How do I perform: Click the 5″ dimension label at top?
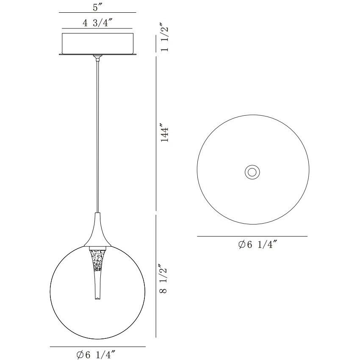click(x=97, y=7)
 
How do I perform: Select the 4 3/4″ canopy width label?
click(x=97, y=24)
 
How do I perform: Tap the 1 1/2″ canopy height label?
click(x=166, y=39)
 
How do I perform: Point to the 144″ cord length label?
click(x=166, y=133)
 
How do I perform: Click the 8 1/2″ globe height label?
click(x=166, y=279)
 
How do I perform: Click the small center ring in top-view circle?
click(x=252, y=172)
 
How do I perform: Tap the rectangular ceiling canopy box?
click(x=97, y=42)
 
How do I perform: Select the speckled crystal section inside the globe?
click(x=97, y=260)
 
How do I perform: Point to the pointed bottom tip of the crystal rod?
click(x=97, y=299)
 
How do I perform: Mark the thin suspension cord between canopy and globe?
click(x=98, y=136)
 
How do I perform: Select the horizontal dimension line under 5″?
click(x=97, y=13)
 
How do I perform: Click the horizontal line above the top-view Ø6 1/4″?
click(x=252, y=236)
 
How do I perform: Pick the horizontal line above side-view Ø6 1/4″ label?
click(x=97, y=347)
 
